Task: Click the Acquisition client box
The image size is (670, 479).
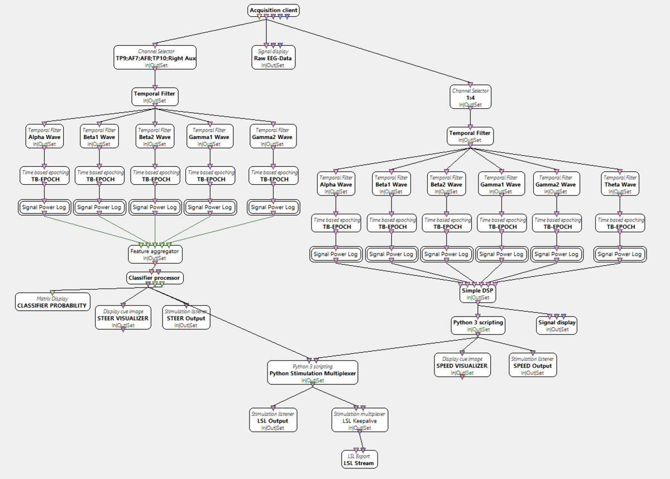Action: (x=274, y=11)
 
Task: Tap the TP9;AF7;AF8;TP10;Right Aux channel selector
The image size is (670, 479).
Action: (x=155, y=58)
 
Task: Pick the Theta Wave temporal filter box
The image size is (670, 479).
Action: (x=620, y=184)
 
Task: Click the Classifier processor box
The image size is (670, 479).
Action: (x=155, y=277)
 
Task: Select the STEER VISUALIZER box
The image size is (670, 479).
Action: (x=123, y=318)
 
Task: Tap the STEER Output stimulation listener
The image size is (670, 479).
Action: (x=186, y=318)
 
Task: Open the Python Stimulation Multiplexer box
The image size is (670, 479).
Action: (x=313, y=372)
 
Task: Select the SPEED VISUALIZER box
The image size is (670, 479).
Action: (x=462, y=365)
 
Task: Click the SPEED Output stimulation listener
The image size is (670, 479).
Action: (x=533, y=365)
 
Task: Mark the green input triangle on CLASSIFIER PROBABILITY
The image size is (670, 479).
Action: (x=52, y=293)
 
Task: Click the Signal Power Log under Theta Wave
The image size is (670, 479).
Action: (x=620, y=254)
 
